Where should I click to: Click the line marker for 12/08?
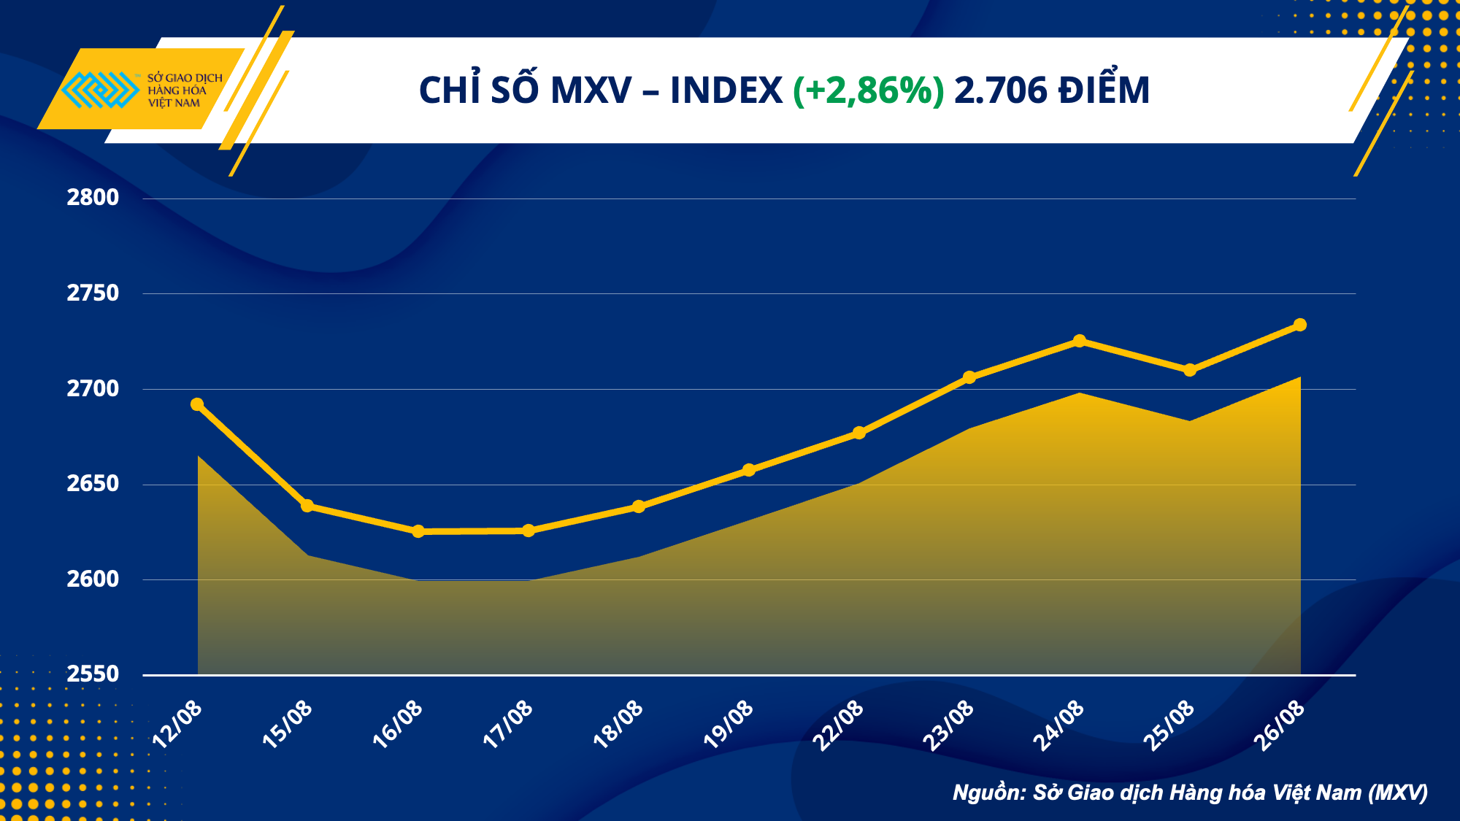[197, 404]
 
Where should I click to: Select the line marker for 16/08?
[418, 531]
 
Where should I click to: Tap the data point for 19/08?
[749, 470]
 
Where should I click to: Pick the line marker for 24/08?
[1080, 341]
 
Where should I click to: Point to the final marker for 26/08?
[1300, 325]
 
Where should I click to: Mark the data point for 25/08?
[1190, 370]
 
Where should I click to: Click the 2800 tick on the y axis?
[93, 198]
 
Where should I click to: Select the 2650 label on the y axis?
[93, 484]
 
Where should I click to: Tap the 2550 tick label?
[93, 674]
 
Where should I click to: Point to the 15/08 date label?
[288, 724]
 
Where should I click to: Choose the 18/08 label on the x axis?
[618, 724]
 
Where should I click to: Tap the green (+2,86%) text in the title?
[868, 91]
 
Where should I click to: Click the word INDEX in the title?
[726, 91]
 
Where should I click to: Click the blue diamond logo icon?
[100, 90]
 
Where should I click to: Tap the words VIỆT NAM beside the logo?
[174, 104]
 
